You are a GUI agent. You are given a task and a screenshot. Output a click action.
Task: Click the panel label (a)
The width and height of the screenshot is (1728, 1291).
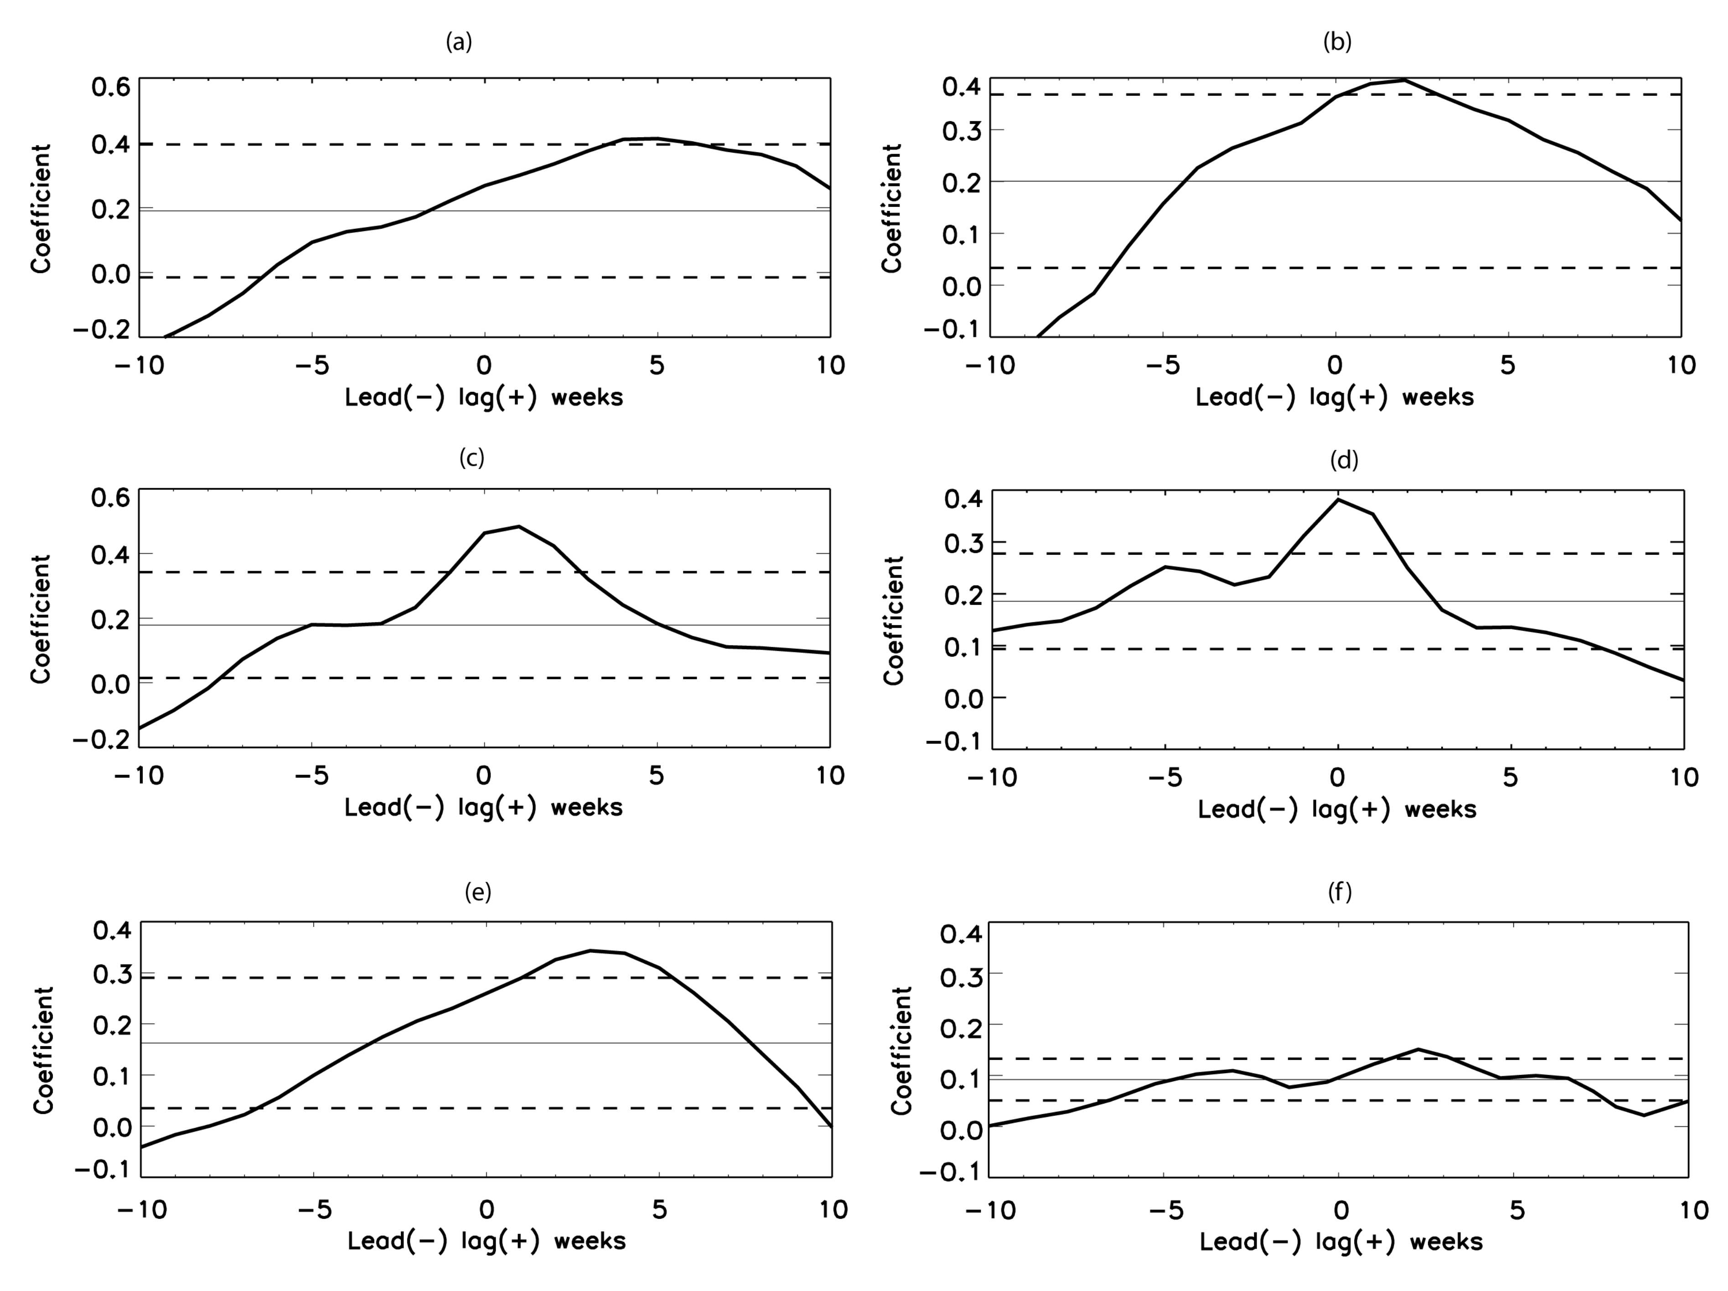459,42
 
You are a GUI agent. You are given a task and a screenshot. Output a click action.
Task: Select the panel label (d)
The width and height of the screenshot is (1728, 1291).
1344,460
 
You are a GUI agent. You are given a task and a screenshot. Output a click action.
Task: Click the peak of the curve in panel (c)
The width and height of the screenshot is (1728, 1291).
519,527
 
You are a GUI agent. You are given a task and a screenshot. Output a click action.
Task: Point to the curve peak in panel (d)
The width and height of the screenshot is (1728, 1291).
1338,499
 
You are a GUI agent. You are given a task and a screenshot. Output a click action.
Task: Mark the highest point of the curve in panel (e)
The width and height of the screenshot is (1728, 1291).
590,950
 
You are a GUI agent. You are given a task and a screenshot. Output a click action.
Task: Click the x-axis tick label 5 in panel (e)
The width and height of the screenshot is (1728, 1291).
660,1210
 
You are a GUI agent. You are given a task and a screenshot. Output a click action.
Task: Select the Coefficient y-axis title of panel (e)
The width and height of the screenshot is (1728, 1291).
43,1050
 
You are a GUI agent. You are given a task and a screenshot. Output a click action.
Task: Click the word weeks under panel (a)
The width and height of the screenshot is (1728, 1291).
587,398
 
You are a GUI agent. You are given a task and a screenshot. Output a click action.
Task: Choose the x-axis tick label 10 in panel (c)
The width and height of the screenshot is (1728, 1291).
830,775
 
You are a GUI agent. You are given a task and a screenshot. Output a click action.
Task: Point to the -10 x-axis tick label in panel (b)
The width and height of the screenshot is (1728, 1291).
991,365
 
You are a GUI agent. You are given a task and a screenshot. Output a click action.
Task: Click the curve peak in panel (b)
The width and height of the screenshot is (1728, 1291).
1404,80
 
